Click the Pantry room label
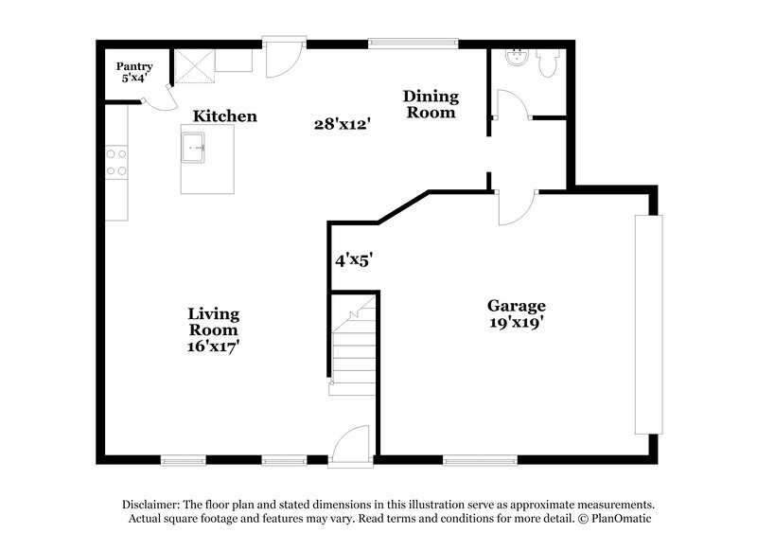click(x=134, y=66)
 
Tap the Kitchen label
click(x=225, y=116)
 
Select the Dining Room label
click(x=431, y=104)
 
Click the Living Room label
click(x=213, y=322)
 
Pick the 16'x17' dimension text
click(x=213, y=347)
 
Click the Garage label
click(x=517, y=306)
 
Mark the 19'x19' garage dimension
click(x=517, y=323)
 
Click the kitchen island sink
click(x=196, y=148)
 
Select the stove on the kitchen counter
click(x=117, y=162)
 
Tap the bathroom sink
click(x=516, y=58)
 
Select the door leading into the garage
click(x=517, y=206)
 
